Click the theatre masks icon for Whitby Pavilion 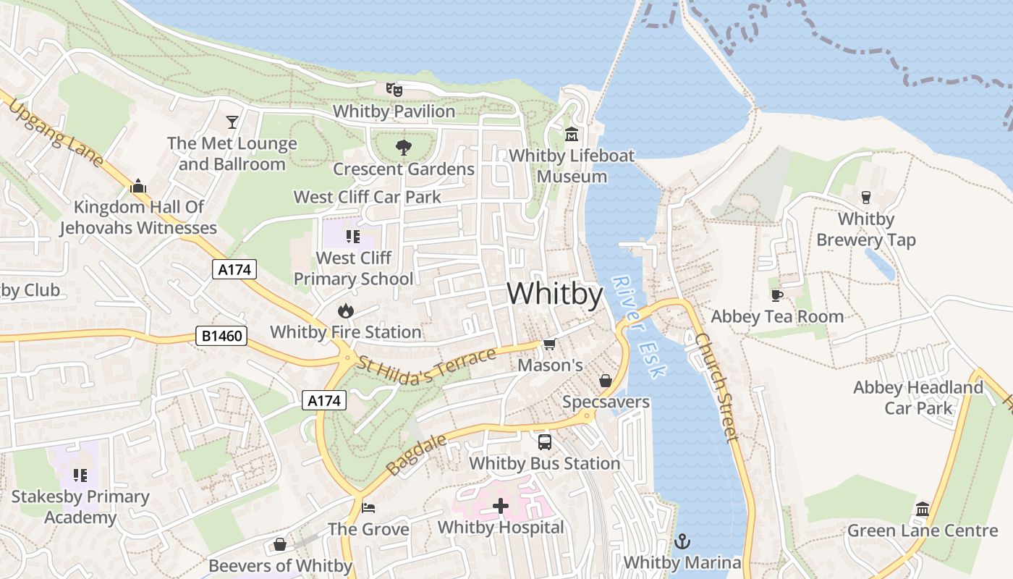394,90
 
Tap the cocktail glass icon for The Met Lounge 232,122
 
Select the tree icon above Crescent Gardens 404,148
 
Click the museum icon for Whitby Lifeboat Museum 572,134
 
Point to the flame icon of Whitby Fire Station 346,310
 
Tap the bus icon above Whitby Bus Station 545,441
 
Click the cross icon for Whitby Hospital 501,506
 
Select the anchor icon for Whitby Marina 682,541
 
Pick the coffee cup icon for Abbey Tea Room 777,295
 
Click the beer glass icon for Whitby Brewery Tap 865,197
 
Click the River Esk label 638,326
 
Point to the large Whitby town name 555,294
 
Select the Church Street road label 716,387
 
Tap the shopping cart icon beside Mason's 550,344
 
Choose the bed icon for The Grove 368,507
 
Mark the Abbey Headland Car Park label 918,397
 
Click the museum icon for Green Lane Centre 923,509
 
